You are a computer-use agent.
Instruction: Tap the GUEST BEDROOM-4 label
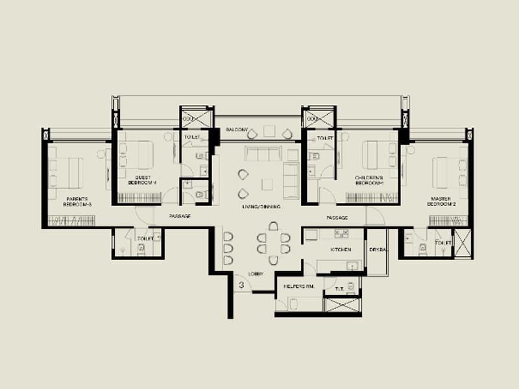[x=146, y=180]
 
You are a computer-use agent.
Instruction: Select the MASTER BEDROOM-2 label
[x=444, y=201]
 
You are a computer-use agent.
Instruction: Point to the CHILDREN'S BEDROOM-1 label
[x=369, y=180]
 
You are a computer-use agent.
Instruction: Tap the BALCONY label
[x=237, y=130]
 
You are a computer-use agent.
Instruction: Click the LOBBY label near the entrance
[x=256, y=275]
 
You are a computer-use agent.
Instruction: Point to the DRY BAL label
[x=378, y=249]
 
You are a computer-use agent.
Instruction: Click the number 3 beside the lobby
[x=241, y=284]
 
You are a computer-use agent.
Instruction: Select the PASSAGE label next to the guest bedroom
[x=180, y=217]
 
